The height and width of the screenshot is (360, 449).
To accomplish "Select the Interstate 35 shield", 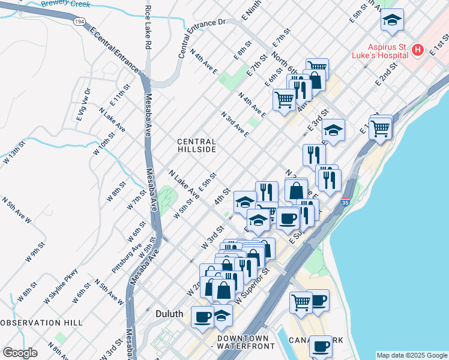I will [345, 204].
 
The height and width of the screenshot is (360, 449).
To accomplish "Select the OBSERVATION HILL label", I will [41, 323].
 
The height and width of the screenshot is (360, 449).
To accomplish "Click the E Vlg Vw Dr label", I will [83, 104].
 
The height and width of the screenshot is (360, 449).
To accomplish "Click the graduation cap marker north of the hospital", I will [392, 22].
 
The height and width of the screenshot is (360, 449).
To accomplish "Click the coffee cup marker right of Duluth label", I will [202, 316].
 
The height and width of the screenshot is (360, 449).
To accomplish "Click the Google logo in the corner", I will [20, 353].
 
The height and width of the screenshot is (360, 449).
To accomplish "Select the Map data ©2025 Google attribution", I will [411, 355].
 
